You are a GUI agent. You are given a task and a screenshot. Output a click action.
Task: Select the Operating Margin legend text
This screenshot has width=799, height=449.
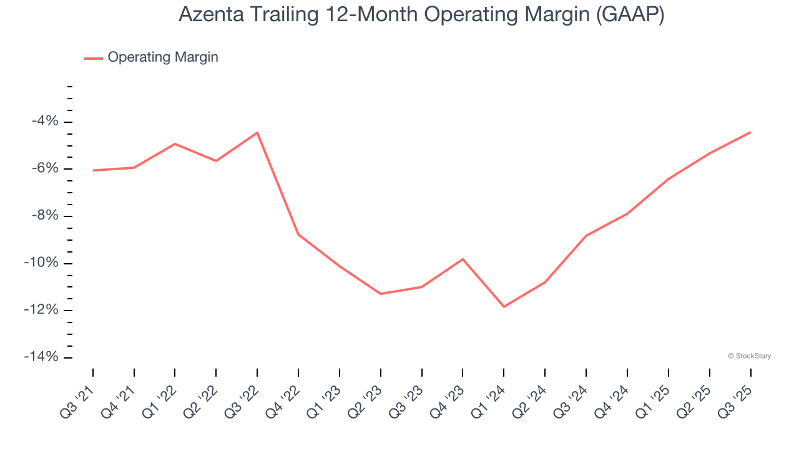pos(163,57)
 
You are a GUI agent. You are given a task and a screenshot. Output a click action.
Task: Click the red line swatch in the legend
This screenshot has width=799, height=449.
pos(94,58)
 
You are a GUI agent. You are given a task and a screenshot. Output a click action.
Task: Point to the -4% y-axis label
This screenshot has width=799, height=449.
pos(44,121)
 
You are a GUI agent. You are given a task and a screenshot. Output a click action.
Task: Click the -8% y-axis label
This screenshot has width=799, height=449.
pos(44,216)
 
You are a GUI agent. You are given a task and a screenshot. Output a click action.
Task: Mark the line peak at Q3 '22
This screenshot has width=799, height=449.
pos(257,132)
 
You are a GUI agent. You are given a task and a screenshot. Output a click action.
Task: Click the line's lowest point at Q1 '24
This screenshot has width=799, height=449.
pos(504,307)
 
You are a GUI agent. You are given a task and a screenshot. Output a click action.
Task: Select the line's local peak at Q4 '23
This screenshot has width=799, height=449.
pos(463,259)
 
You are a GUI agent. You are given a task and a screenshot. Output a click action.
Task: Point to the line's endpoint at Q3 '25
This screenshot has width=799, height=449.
pos(750,132)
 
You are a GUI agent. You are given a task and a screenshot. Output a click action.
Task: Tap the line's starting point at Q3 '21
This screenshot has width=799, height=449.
pos(93,170)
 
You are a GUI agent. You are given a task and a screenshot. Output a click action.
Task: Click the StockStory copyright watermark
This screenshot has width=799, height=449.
pos(749,356)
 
